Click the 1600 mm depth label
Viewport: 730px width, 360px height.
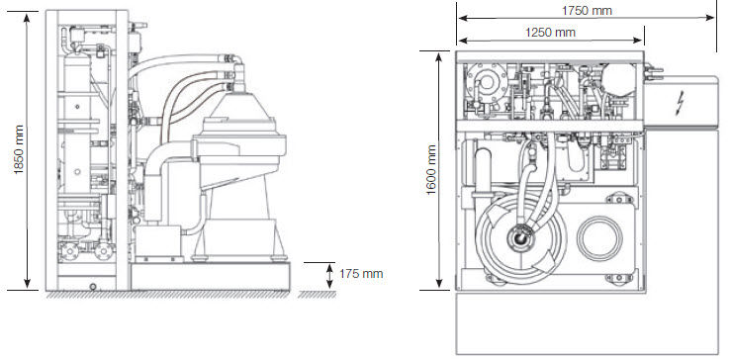[x=431, y=170]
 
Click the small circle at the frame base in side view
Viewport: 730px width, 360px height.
[x=93, y=286]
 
